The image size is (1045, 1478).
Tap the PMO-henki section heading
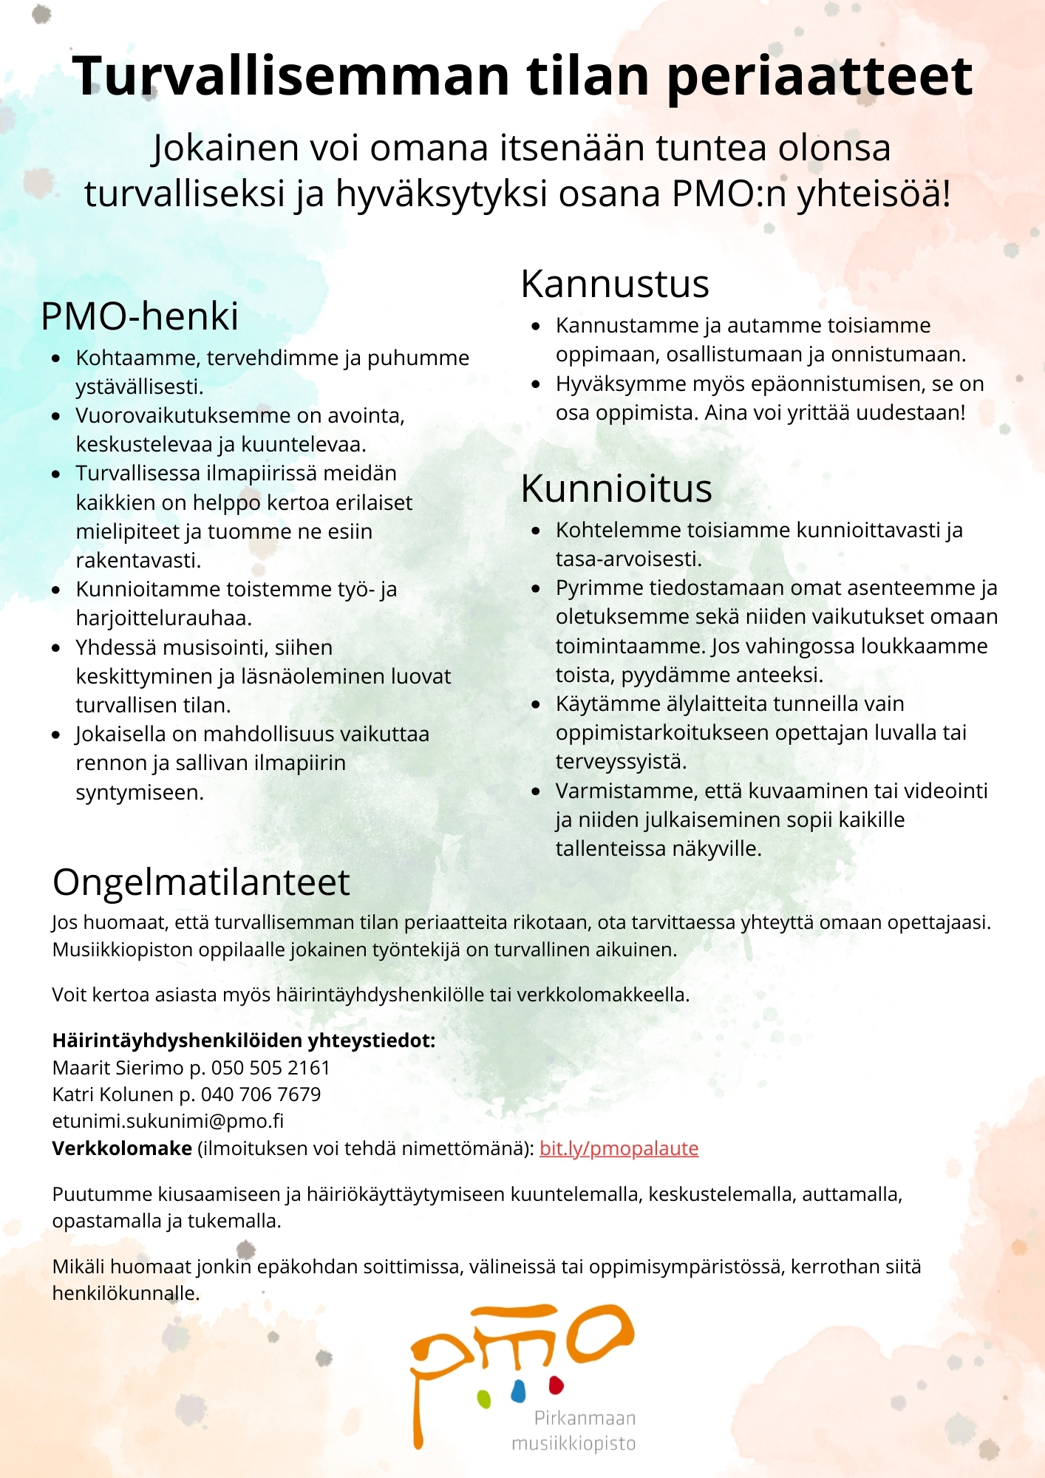(140, 316)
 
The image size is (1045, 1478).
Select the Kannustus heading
(615, 284)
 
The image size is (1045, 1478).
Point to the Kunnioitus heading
(616, 488)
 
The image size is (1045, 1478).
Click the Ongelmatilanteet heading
(201, 882)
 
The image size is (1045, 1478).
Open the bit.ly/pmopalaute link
(619, 1148)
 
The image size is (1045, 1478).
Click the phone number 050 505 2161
(270, 1068)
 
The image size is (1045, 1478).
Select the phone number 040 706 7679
(261, 1094)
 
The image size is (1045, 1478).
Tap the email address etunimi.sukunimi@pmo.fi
(168, 1121)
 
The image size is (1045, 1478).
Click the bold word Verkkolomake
(122, 1148)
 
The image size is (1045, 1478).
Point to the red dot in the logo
(556, 1383)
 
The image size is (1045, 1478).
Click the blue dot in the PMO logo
(518, 1391)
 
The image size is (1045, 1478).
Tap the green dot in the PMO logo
(484, 1398)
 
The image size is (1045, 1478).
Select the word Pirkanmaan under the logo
(585, 1418)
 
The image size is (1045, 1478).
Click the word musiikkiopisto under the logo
(573, 1443)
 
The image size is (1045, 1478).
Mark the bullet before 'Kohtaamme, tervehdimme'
(56, 358)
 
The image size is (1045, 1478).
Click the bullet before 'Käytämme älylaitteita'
(537, 704)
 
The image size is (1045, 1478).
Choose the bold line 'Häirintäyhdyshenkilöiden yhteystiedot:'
(244, 1041)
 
